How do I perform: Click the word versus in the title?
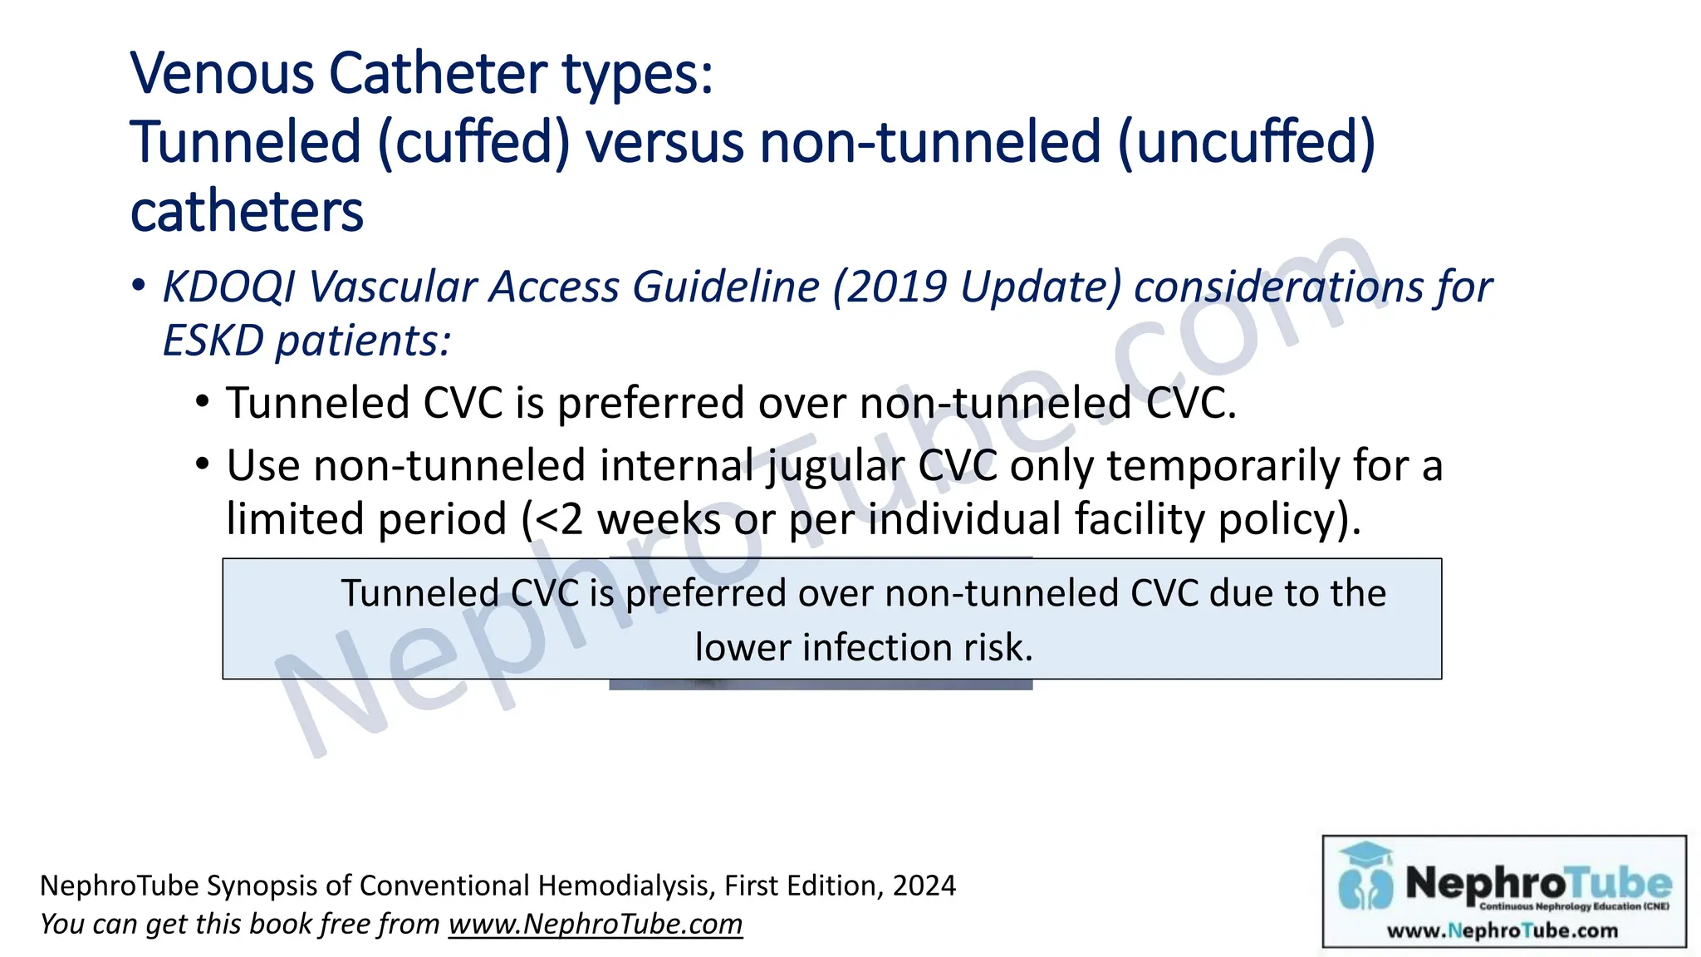pos(664,142)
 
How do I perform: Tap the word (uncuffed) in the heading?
pos(1247,142)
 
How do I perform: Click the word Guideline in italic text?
pos(726,287)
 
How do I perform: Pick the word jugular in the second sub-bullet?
pos(835,465)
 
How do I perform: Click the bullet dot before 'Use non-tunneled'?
pos(203,464)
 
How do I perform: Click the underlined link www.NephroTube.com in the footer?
pos(595,925)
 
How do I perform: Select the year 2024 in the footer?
pos(924,886)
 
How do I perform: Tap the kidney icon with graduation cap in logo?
pos(1365,879)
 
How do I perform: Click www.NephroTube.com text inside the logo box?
pos(1502,931)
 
